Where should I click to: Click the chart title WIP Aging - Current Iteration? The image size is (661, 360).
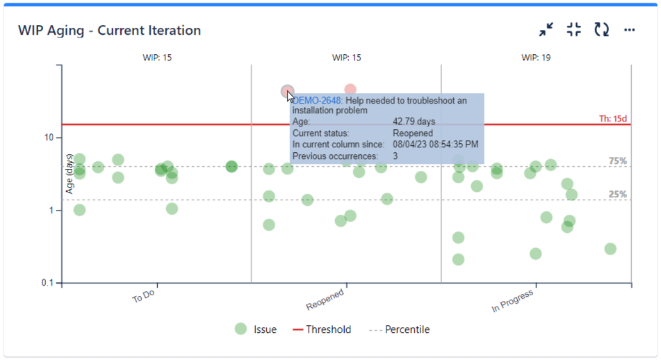click(109, 31)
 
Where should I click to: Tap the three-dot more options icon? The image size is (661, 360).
click(629, 30)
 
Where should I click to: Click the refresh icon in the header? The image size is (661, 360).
click(601, 30)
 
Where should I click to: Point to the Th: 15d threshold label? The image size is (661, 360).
click(613, 119)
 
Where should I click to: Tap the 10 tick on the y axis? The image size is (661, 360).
click(49, 138)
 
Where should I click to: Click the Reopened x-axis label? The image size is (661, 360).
click(325, 299)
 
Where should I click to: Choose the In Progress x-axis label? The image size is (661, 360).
click(514, 300)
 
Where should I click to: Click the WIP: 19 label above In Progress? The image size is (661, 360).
click(536, 58)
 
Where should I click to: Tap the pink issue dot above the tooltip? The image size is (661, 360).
click(350, 90)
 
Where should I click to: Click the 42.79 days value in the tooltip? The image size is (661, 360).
click(414, 122)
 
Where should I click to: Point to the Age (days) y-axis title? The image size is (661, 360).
click(70, 173)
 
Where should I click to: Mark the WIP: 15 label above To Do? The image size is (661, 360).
click(157, 58)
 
